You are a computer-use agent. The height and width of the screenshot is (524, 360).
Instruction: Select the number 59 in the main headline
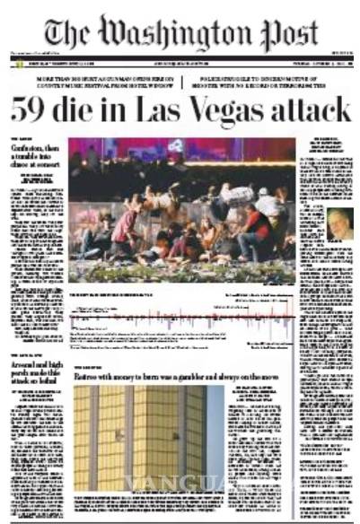point(31,111)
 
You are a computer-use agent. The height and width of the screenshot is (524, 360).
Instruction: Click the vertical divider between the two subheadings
point(182,83)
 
